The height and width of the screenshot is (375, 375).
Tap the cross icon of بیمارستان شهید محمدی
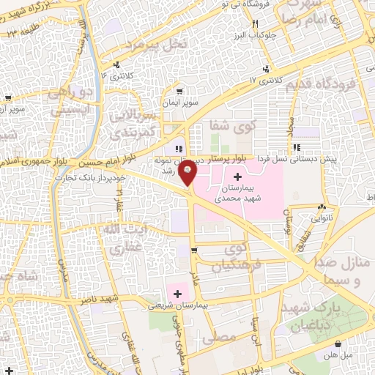pos(237,177)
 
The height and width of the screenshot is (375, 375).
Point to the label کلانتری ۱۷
pos(244,78)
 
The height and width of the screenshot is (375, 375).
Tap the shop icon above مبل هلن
pos(338,344)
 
